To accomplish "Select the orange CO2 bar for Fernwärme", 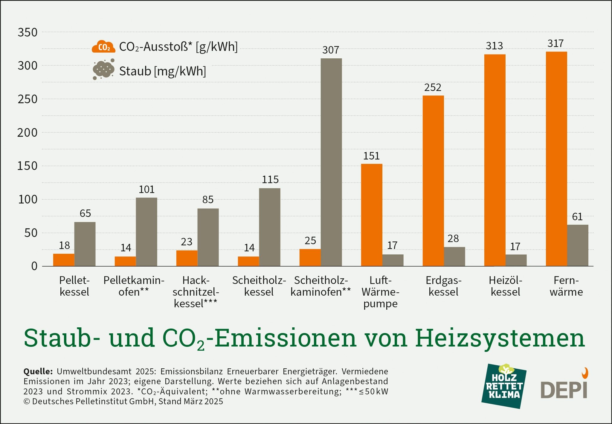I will pyautogui.click(x=556, y=159).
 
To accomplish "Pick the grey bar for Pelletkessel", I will pyautogui.click(x=85, y=244).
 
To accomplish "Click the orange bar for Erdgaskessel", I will pyautogui.click(x=433, y=181).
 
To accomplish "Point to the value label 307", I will pyautogui.click(x=331, y=50).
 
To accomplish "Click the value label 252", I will pyautogui.click(x=433, y=87).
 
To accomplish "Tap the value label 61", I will pyautogui.click(x=577, y=217).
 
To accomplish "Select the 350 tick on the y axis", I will pyautogui.click(x=28, y=32).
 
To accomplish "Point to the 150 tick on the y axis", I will pyautogui.click(x=28, y=166).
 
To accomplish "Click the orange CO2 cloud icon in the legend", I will pyautogui.click(x=103, y=47).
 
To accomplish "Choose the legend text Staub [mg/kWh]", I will pyautogui.click(x=162, y=71).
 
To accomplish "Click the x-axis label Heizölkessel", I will pyautogui.click(x=505, y=286).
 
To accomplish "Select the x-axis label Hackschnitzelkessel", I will pyautogui.click(x=196, y=292).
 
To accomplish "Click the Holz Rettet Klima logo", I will pyautogui.click(x=504, y=386).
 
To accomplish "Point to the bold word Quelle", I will pyautogui.click(x=38, y=371).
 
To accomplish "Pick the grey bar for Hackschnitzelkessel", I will pyautogui.click(x=208, y=237).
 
